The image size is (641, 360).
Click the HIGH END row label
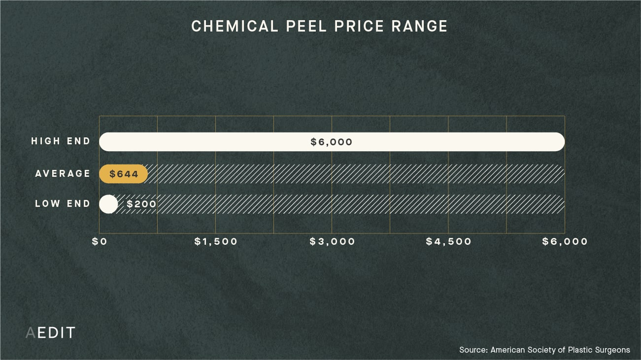(x=61, y=141)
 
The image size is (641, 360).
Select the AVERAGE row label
(x=63, y=173)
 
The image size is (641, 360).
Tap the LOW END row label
(x=63, y=203)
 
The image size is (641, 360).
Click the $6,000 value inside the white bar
(x=332, y=142)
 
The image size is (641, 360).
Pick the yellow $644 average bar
(x=123, y=174)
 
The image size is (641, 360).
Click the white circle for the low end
(x=108, y=204)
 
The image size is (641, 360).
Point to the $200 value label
(x=141, y=204)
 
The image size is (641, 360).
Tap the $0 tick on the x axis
(x=100, y=242)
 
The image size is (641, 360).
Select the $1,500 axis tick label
(x=216, y=242)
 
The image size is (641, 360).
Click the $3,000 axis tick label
(x=332, y=242)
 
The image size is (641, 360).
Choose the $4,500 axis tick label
(x=448, y=242)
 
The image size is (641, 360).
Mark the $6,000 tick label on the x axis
(x=565, y=242)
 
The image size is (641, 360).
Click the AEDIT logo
(x=50, y=333)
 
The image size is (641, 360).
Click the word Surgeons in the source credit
(x=611, y=350)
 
